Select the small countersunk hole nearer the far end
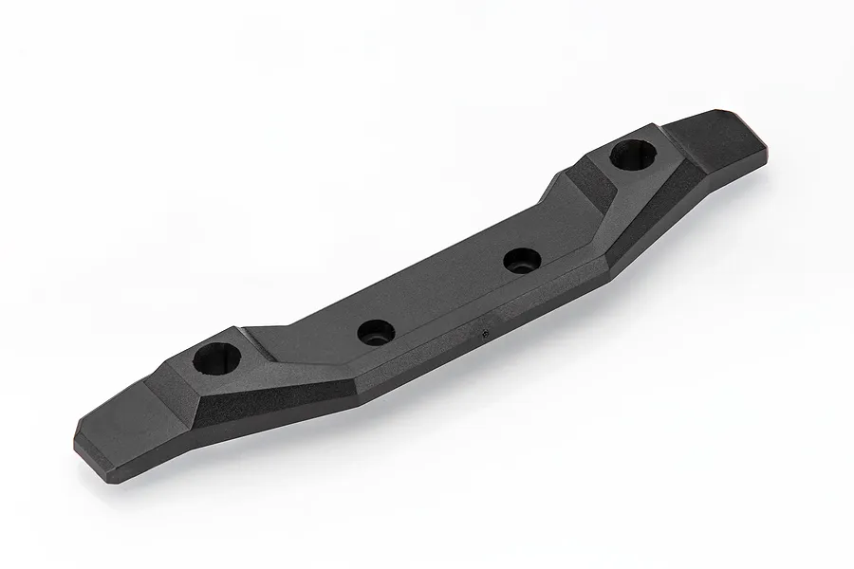[520, 259]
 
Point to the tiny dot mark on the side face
[486, 332]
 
